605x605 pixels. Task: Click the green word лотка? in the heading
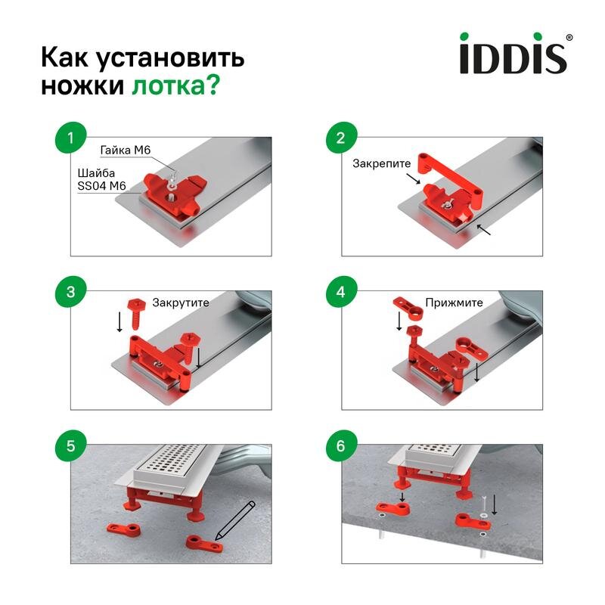(175, 86)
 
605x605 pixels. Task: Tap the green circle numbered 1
(70, 138)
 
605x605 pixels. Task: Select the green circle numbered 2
(340, 138)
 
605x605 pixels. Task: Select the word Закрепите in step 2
(381, 163)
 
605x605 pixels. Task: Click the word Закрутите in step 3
(181, 302)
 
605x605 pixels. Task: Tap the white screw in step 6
(482, 502)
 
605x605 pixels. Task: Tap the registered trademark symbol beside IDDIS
(569, 37)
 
